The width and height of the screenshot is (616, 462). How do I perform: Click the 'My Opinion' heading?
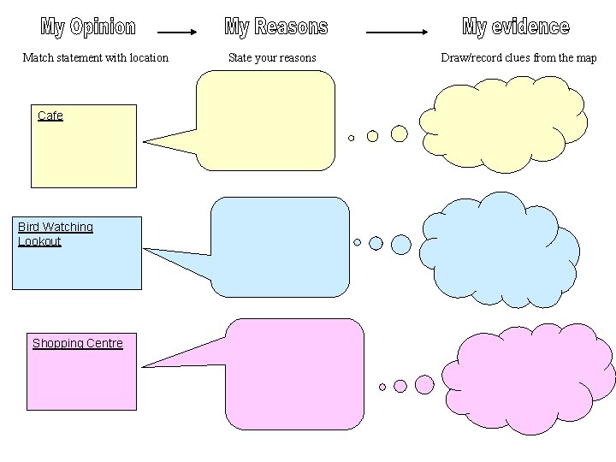click(x=88, y=27)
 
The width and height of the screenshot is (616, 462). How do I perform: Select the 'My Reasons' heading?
click(x=275, y=27)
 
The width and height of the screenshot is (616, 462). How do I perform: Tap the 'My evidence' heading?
click(x=515, y=27)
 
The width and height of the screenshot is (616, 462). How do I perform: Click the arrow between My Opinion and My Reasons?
click(x=178, y=33)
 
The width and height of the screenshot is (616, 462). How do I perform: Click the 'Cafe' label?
click(x=50, y=115)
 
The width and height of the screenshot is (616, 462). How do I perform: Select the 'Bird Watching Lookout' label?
click(x=55, y=234)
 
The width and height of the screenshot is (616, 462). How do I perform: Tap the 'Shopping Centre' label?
click(x=78, y=343)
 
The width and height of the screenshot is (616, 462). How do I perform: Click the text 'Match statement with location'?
click(x=95, y=58)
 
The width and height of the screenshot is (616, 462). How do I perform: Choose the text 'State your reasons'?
click(x=272, y=58)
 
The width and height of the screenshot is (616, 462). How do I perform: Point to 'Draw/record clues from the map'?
click(x=518, y=58)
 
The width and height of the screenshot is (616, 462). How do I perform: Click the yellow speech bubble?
click(x=265, y=120)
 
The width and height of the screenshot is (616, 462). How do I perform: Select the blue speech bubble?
click(x=281, y=246)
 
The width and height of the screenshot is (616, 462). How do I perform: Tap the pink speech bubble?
click(x=294, y=373)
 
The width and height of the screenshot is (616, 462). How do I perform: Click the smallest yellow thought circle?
click(x=351, y=138)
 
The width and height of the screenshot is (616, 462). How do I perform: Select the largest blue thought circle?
click(x=401, y=245)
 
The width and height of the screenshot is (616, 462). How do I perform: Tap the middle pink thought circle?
click(x=400, y=386)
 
